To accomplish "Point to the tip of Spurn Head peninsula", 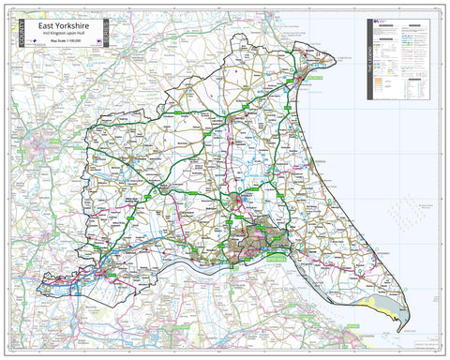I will [x=401, y=330].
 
